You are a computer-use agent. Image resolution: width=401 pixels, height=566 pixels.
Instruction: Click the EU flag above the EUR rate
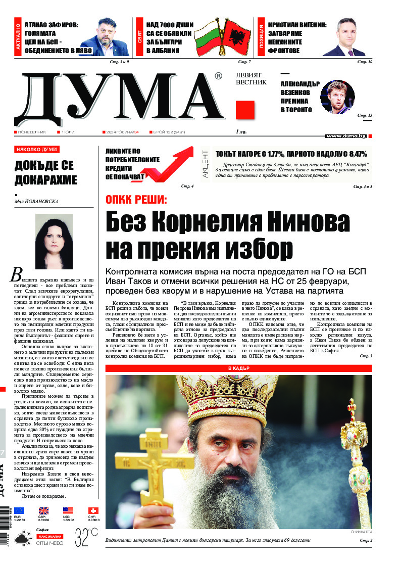pyautogui.click(x=19, y=511)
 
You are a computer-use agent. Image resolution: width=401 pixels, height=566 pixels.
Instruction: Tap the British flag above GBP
pyautogui.click(x=44, y=511)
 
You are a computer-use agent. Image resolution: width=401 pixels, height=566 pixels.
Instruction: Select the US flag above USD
pyautogui.click(x=68, y=511)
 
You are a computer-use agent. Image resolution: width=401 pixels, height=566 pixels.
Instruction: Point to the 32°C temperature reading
pyautogui.click(x=86, y=535)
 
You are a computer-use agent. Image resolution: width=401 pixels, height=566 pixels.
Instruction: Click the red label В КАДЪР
pyautogui.click(x=239, y=369)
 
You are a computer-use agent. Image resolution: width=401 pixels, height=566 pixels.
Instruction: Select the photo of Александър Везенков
pyautogui.click(x=337, y=97)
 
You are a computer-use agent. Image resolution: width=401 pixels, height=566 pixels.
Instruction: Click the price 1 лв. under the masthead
pyautogui.click(x=241, y=132)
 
